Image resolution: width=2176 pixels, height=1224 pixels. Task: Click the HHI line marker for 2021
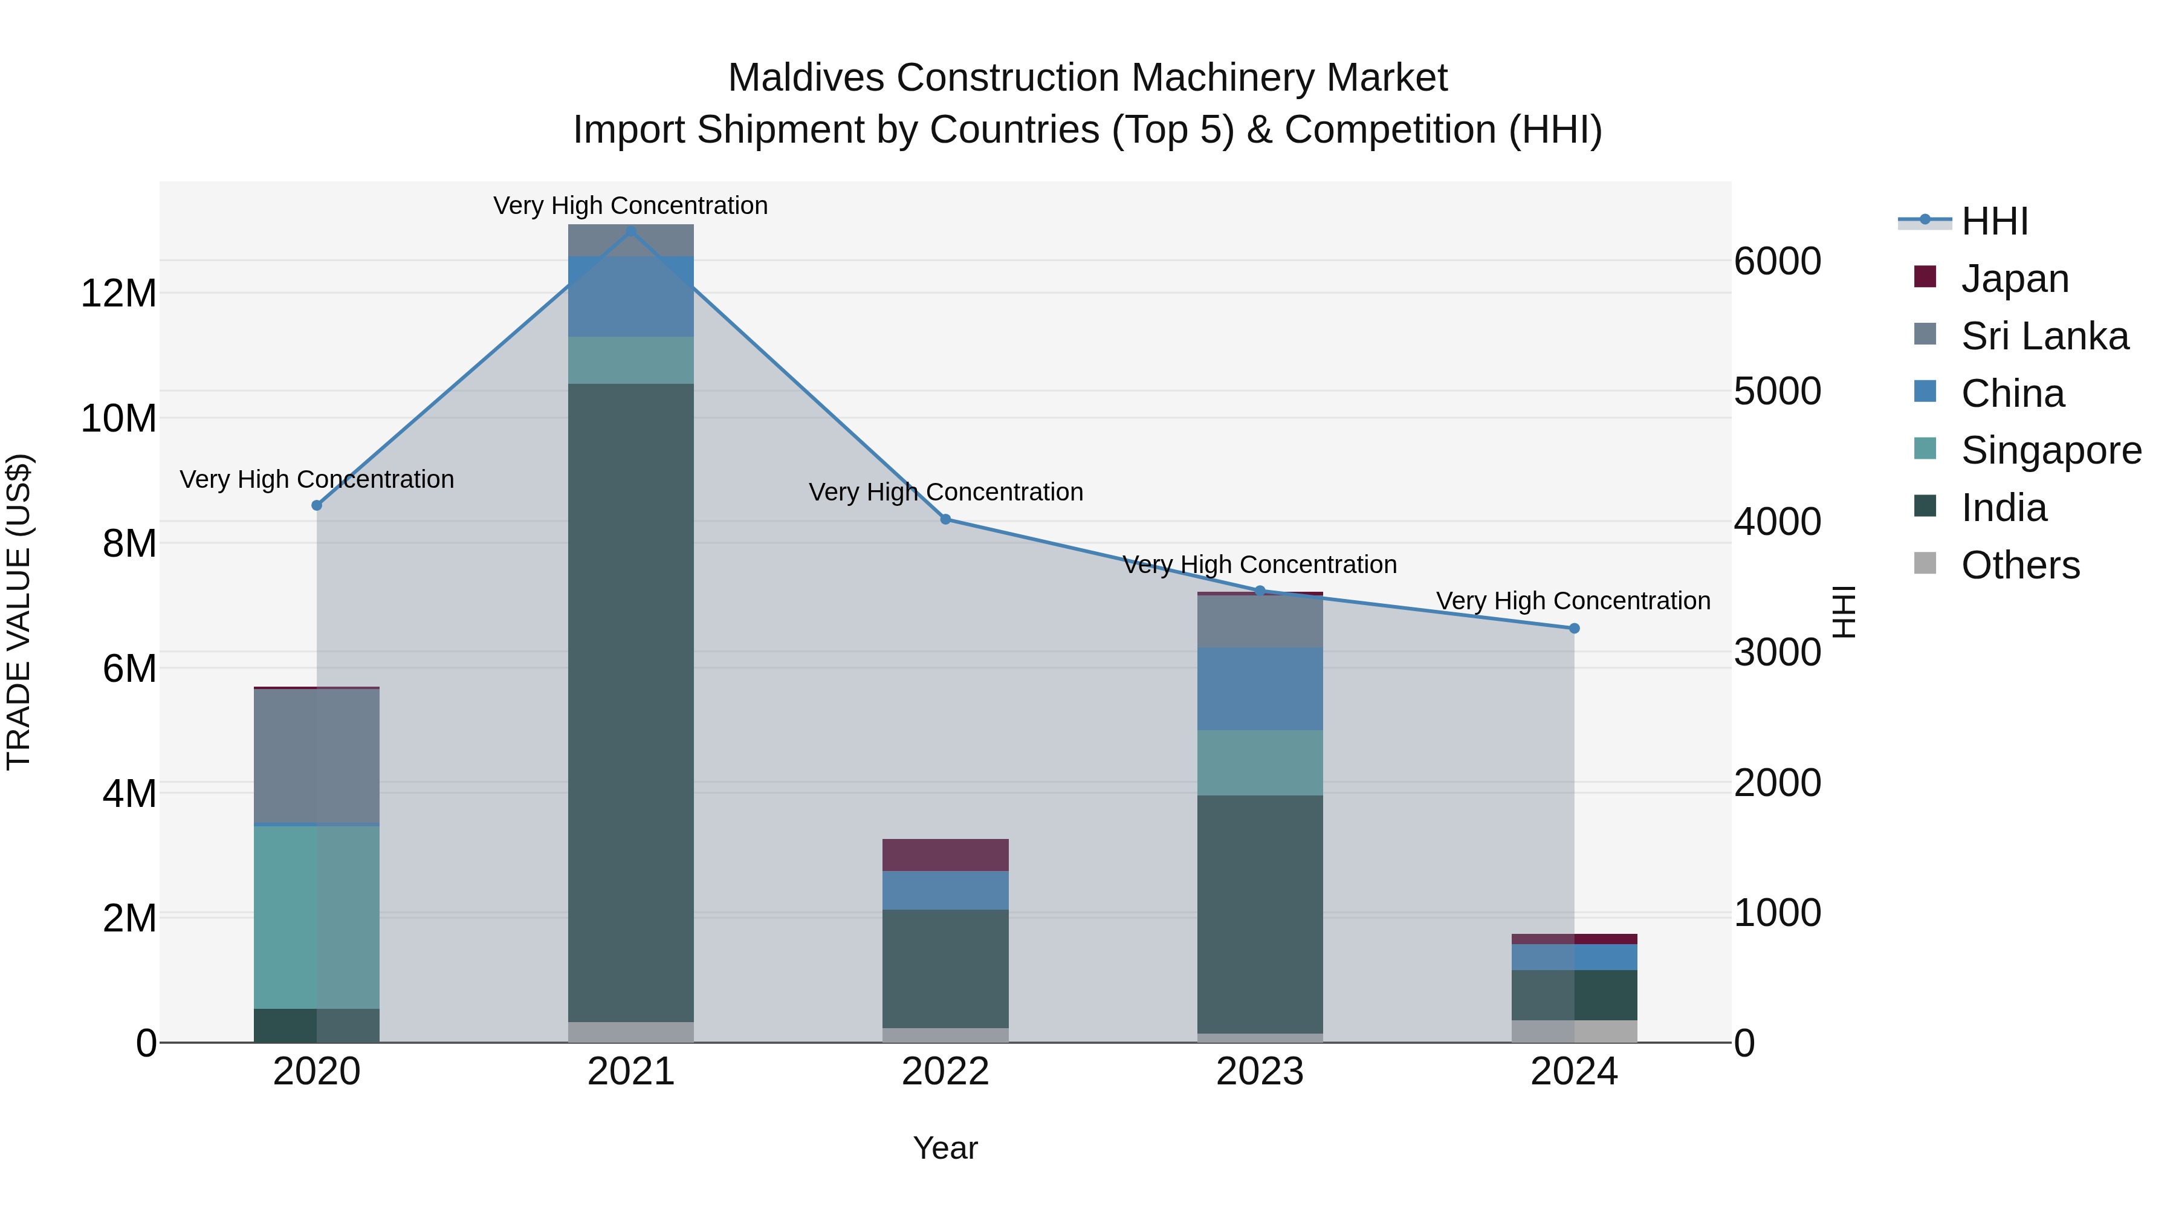tap(630, 231)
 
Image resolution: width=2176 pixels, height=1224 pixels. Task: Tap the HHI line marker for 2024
tap(1574, 629)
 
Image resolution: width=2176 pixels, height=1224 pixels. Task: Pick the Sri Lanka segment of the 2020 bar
tap(317, 756)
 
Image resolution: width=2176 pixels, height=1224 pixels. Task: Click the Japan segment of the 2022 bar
tap(945, 855)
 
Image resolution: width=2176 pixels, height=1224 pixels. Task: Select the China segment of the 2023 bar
tap(1260, 689)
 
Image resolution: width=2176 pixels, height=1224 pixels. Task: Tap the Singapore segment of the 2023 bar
tap(1260, 763)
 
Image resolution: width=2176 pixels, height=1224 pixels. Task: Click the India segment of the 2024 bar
tap(1574, 995)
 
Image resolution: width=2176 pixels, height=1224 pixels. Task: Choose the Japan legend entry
tap(2014, 279)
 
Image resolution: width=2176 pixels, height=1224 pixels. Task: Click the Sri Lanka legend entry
tap(2044, 336)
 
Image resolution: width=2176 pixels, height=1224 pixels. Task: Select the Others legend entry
tap(2019, 565)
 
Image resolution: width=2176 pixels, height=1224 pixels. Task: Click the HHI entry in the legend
tap(1993, 221)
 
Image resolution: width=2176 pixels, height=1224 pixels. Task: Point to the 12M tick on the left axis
tap(118, 294)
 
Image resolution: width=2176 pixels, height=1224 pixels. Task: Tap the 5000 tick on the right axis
tap(1777, 391)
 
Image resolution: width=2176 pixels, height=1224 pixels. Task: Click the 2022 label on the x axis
tap(945, 1072)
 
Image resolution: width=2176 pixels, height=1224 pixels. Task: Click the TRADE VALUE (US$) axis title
tap(19, 612)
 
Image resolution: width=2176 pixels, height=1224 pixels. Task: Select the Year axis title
tap(945, 1148)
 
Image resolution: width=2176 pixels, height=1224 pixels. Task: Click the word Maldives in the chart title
tap(806, 78)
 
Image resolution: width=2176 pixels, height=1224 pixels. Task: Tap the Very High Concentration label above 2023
tap(1260, 565)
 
